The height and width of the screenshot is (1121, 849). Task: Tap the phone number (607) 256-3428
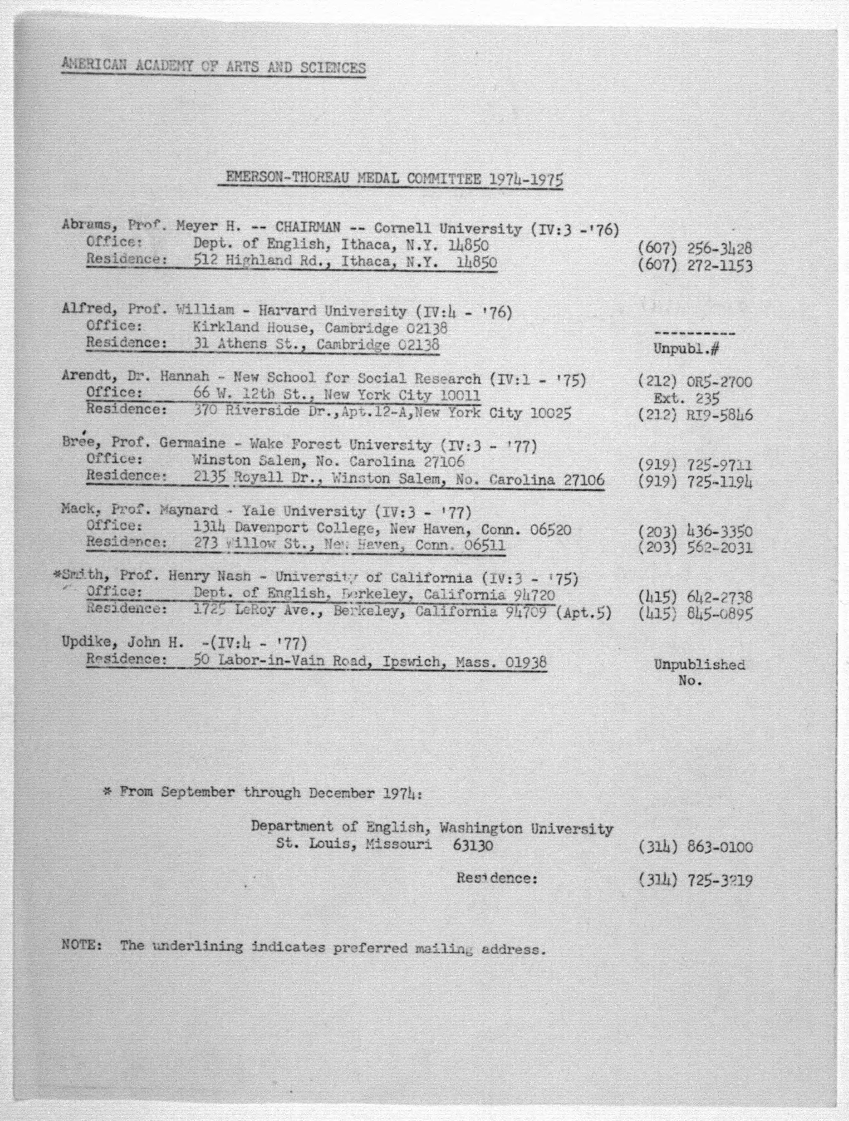695,249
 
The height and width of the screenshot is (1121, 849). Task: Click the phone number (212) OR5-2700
695,382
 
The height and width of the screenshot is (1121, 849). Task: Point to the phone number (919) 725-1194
695,481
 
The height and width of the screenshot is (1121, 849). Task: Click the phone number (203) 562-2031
695,548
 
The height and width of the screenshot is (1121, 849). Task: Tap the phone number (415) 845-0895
695,614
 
